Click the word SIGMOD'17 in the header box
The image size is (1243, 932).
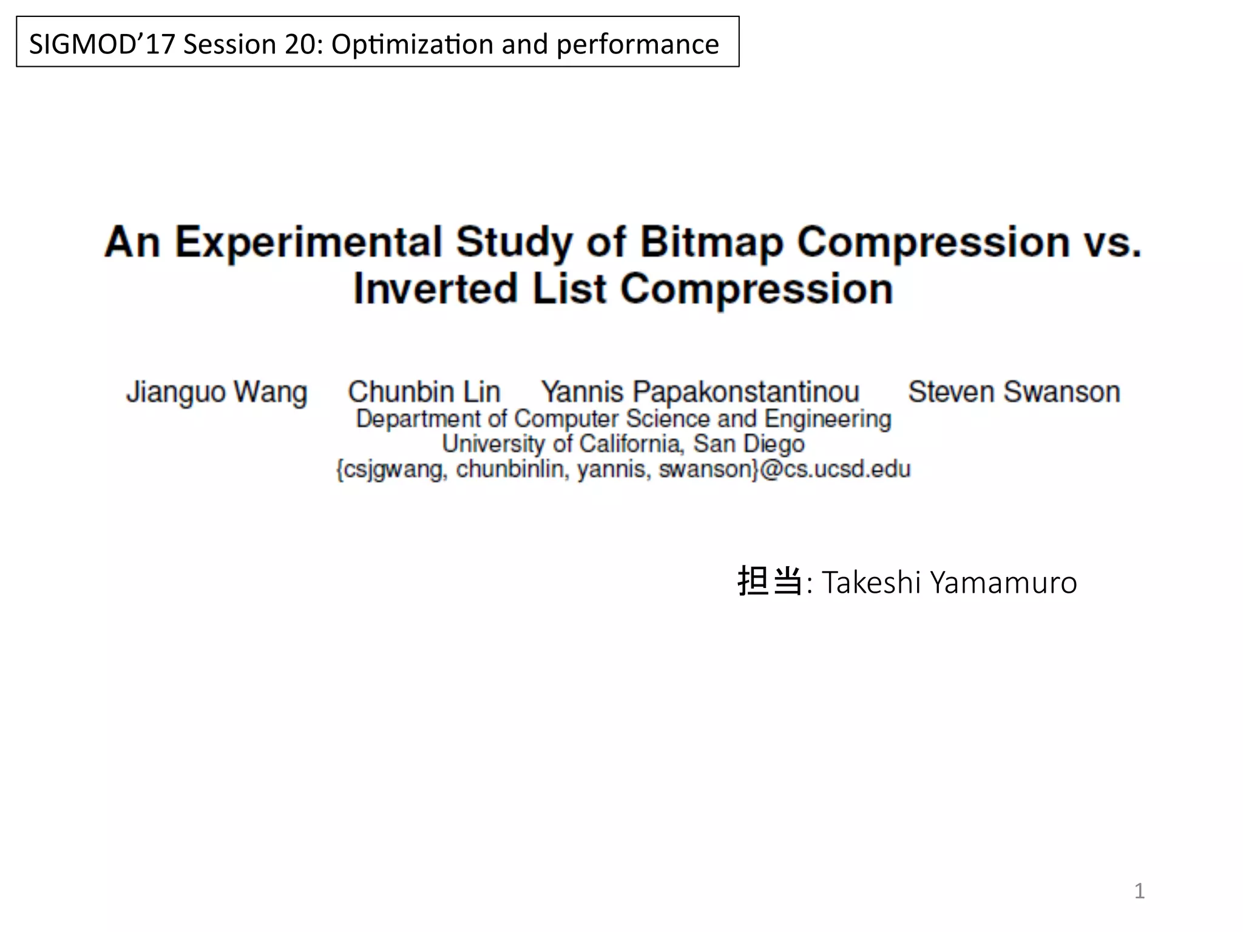point(102,44)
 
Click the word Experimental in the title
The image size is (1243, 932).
point(309,242)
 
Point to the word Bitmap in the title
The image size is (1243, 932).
point(711,242)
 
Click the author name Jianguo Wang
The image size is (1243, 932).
point(217,392)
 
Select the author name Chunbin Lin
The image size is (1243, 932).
point(424,392)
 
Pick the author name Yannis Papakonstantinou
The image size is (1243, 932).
point(700,392)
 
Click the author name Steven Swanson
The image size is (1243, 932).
point(1014,392)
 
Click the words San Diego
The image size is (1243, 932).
point(749,444)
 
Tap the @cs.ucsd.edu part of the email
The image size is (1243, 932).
point(835,470)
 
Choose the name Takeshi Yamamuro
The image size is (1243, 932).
point(949,582)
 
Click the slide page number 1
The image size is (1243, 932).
point(1139,891)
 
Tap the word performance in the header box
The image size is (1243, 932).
point(637,44)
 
